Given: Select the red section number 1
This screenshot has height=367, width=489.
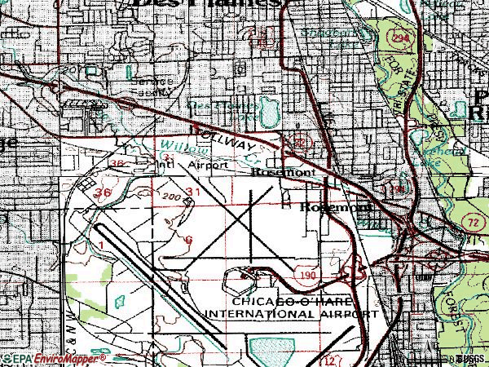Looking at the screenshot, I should pos(99,245).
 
